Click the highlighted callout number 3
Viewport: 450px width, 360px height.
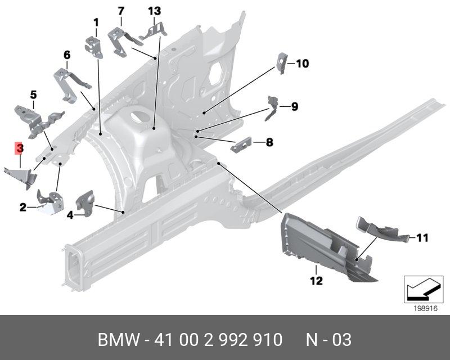(20, 148)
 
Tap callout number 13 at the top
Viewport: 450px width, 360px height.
(154, 11)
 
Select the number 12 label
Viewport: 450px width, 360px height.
(316, 281)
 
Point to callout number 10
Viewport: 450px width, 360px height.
(302, 64)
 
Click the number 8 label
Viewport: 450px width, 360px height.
(269, 142)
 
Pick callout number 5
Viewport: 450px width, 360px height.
(33, 94)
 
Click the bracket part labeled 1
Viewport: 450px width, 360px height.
(94, 47)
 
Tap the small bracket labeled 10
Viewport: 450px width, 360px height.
(282, 63)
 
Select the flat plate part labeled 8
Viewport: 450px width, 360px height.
(241, 145)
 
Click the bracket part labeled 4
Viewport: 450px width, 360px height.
(85, 203)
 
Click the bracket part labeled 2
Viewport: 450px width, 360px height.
(51, 202)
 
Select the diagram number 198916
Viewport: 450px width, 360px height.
(425, 309)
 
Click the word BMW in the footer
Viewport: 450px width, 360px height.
(119, 340)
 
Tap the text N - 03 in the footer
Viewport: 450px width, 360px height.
(328, 340)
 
